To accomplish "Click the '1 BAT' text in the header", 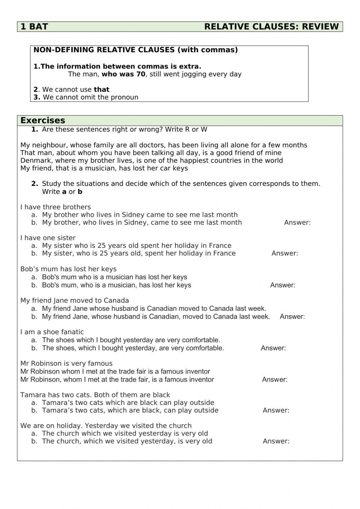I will (34, 27).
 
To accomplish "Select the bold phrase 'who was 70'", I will (123, 74).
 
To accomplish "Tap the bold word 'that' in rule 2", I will (102, 89).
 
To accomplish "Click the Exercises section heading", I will (43, 120).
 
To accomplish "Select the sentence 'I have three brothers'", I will (55, 207).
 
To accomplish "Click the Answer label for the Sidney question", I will (297, 223).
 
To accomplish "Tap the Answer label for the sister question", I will (285, 253).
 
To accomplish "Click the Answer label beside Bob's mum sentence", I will (283, 285).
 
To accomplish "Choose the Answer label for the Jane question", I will (292, 317).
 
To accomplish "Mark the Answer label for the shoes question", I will (273, 348).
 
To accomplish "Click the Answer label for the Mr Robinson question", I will (275, 379).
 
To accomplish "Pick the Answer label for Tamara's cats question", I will (276, 410).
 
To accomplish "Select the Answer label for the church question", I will (276, 441).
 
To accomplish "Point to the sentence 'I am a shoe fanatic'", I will (52, 332).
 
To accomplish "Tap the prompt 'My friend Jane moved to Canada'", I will (75, 300).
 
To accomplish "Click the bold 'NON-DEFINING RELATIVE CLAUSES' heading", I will (104, 50).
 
